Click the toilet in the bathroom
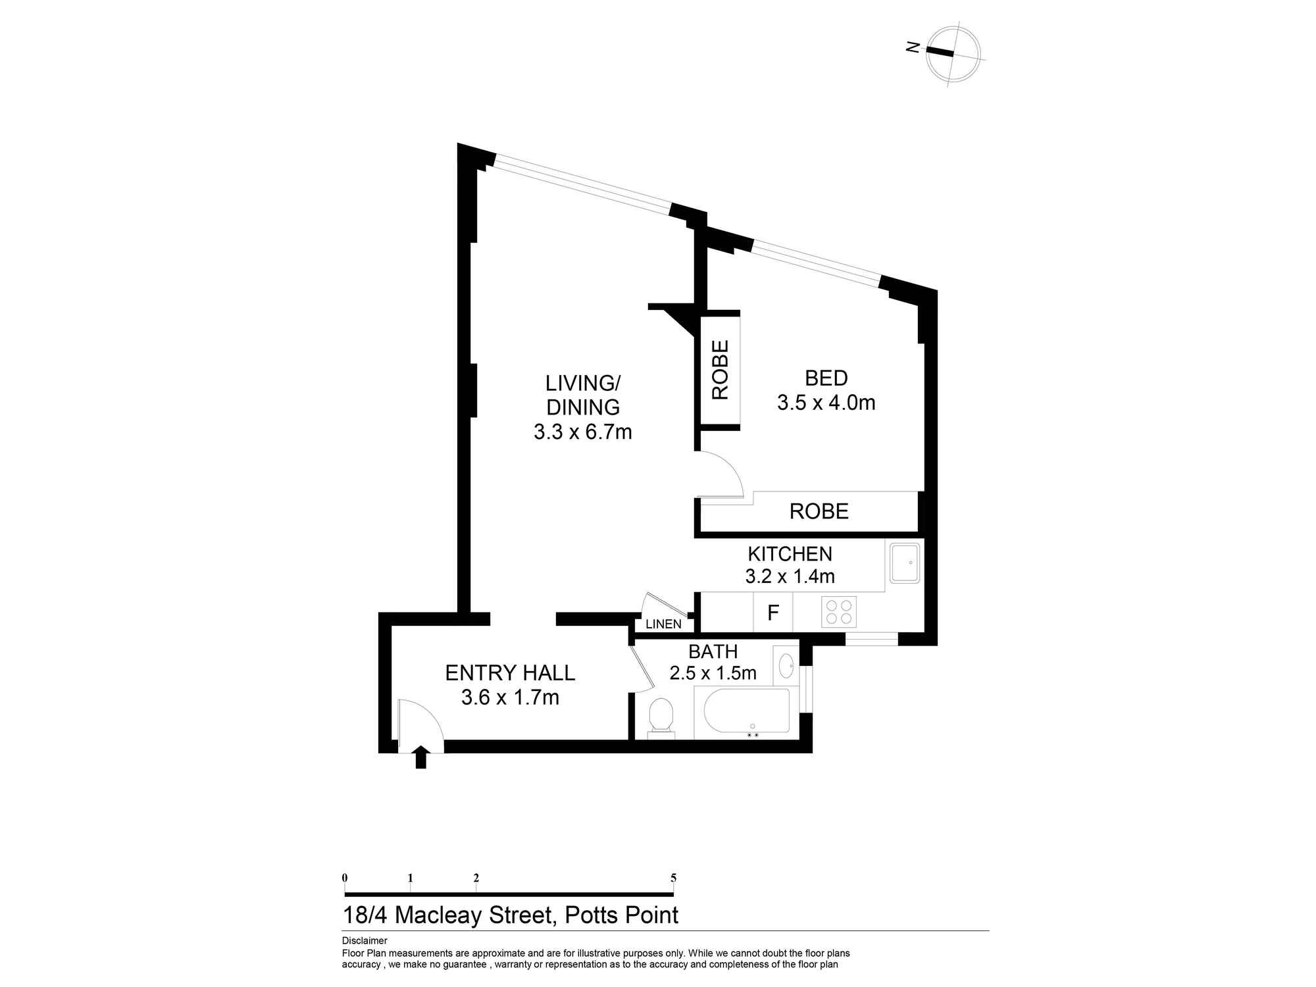tap(661, 716)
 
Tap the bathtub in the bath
tap(747, 711)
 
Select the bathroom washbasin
tap(786, 666)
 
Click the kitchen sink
tap(905, 563)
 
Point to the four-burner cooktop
tap(839, 612)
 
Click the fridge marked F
tap(773, 613)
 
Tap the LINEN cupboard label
tap(663, 624)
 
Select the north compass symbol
tap(952, 55)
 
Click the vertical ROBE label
tap(721, 370)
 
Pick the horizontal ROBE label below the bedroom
tap(819, 511)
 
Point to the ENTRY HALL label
tap(510, 672)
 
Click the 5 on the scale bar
tap(673, 878)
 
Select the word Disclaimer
tap(365, 941)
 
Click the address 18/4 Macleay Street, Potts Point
tap(511, 915)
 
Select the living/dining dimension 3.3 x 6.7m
tap(582, 432)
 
